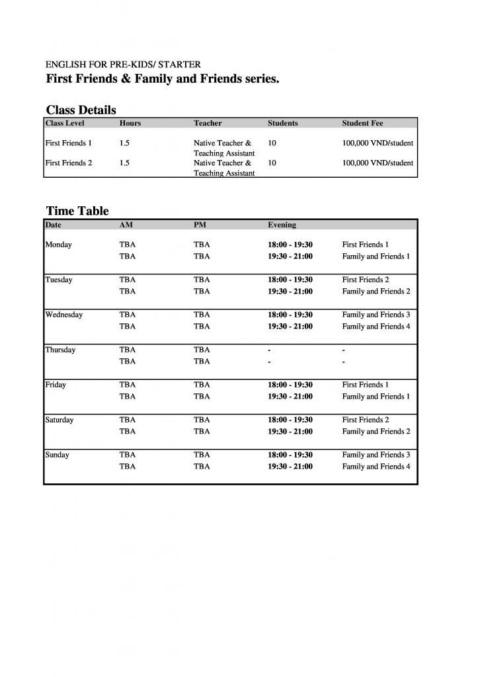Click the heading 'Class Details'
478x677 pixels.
pyautogui.click(x=81, y=110)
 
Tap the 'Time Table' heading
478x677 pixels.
pyautogui.click(x=77, y=211)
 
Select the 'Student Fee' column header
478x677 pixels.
pyautogui.click(x=362, y=123)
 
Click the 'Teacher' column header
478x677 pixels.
pyautogui.click(x=208, y=123)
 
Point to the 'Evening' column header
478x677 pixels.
pyautogui.click(x=282, y=225)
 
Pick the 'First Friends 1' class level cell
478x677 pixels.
pyautogui.click(x=68, y=143)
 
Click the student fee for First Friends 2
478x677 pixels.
pyautogui.click(x=378, y=163)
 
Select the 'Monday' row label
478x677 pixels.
pyautogui.click(x=58, y=245)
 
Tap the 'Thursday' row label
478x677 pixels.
pyautogui.click(x=60, y=350)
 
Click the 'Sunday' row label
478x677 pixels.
pyautogui.click(x=57, y=455)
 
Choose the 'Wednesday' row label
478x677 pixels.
pyautogui.click(x=63, y=315)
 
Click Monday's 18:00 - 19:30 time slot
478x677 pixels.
pyautogui.click(x=290, y=245)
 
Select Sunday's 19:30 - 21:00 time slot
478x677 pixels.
pyautogui.click(x=290, y=467)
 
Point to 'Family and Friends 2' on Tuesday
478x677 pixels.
pyautogui.click(x=376, y=292)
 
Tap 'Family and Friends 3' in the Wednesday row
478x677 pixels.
pyautogui.click(x=376, y=315)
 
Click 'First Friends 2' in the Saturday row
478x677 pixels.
pyautogui.click(x=365, y=420)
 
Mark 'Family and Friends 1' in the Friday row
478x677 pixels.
pyautogui.click(x=376, y=397)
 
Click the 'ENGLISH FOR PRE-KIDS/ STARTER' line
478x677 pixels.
pyautogui.click(x=123, y=65)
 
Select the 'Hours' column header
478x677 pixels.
pyautogui.click(x=130, y=123)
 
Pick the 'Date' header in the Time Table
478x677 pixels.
pyautogui.click(x=53, y=225)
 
